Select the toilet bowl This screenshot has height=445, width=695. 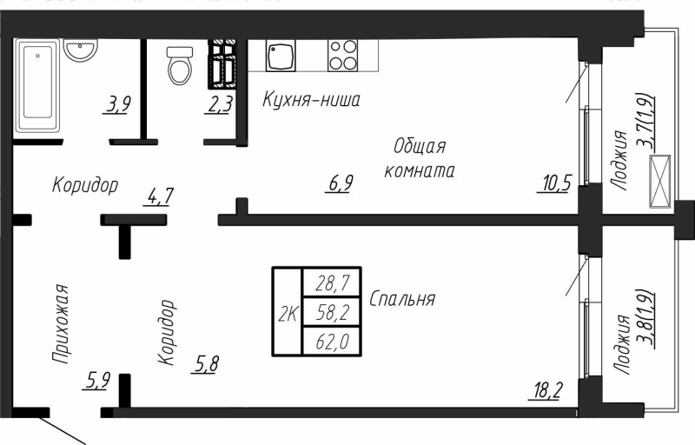point(180,66)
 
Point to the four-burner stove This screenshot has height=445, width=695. point(342,56)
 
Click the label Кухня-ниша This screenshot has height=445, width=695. point(311,101)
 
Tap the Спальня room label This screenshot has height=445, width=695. point(402,299)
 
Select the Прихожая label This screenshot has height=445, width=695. point(60,322)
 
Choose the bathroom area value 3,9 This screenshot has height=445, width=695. point(118,105)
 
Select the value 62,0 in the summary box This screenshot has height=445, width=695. point(332,342)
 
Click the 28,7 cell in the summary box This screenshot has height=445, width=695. point(332,282)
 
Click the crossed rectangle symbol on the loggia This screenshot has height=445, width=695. point(662,181)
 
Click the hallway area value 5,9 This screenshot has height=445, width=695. point(96,379)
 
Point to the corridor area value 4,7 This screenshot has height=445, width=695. point(160,196)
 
